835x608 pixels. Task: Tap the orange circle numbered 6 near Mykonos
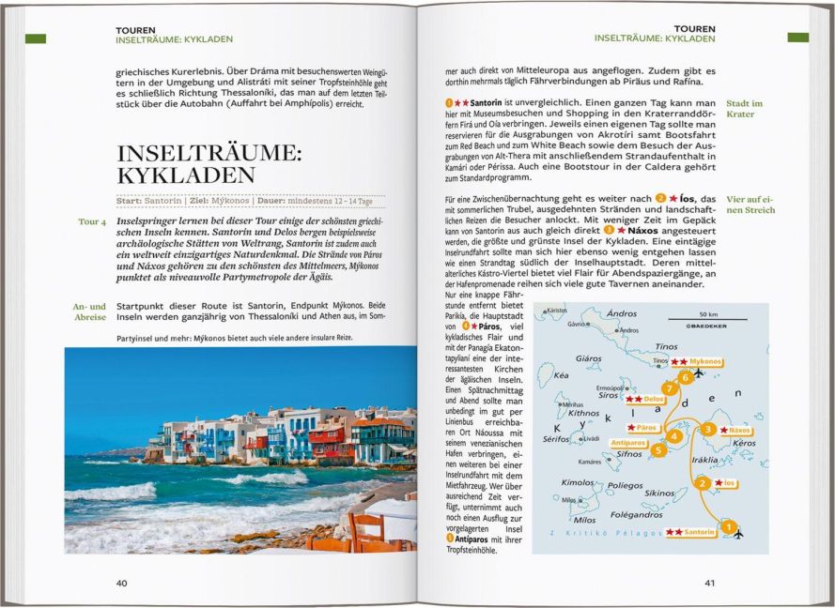[x=686, y=376]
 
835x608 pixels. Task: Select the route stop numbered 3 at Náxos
[x=707, y=429]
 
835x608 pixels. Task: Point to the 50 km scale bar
[x=707, y=319]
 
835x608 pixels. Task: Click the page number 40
[x=121, y=583]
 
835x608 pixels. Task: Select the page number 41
[x=710, y=583]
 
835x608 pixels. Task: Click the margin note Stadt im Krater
[x=745, y=108]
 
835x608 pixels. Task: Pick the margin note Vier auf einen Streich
[x=750, y=204]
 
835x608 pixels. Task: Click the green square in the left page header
[x=36, y=38]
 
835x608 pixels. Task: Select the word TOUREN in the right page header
[x=694, y=29]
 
